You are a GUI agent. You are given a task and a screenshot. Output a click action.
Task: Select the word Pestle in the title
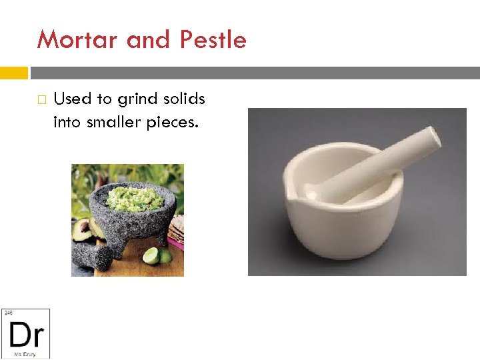[213, 40]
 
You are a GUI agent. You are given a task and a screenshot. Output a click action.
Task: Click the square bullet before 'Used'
[41, 100]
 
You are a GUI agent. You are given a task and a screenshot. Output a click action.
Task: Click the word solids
[185, 99]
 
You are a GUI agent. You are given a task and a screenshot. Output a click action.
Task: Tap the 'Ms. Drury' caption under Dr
[25, 353]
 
